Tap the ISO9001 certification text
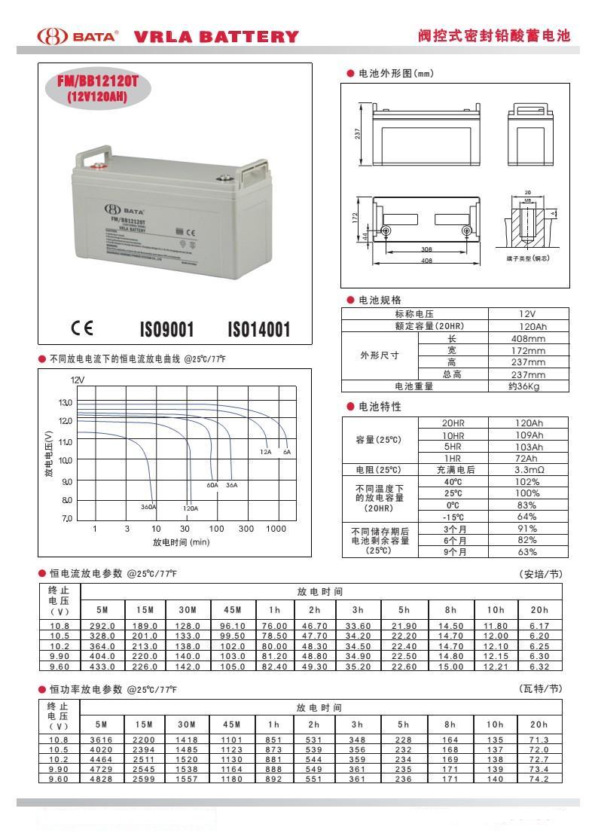pos(167,329)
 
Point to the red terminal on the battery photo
pos(98,167)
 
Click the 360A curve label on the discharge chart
pos(148,507)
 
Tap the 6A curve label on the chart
pos(286,451)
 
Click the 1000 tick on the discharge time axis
pos(276,529)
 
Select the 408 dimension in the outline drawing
pos(427,261)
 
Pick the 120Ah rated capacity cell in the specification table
pos(526,326)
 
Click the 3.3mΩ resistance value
pos(526,469)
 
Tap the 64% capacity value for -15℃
pos(526,517)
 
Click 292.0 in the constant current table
pos(102,626)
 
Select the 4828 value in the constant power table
pos(102,778)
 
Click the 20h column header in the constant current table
pos(539,609)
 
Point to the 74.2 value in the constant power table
pos(539,778)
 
